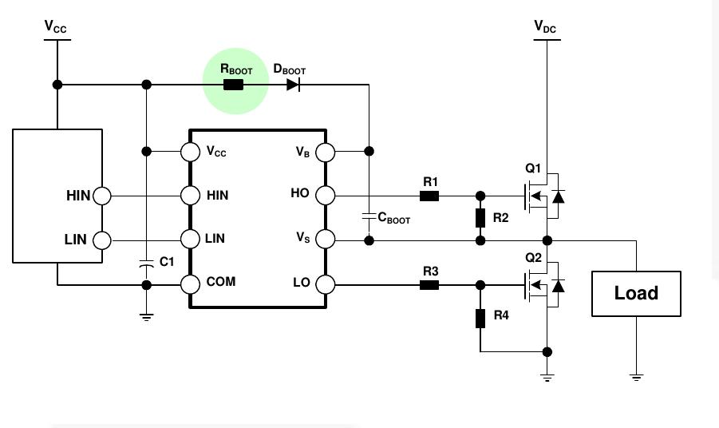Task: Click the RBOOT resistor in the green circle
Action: click(233, 85)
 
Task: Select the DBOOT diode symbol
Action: click(293, 85)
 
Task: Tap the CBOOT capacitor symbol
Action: click(369, 216)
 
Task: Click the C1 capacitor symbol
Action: click(146, 262)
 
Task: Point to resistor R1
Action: click(429, 196)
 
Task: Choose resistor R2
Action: click(480, 218)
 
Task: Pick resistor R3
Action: click(429, 284)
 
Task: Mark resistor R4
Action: click(480, 318)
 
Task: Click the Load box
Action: click(636, 293)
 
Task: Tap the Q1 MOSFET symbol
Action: click(541, 196)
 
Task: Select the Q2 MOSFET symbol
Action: click(541, 285)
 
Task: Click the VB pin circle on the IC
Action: click(326, 152)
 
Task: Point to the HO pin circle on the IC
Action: click(326, 195)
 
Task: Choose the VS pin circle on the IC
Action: click(326, 239)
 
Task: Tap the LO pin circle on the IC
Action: click(326, 283)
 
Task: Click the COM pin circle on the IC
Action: click(190, 283)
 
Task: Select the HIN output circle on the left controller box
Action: click(102, 196)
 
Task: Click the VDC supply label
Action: click(546, 27)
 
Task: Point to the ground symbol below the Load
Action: click(636, 376)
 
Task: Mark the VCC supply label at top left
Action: click(56, 27)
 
